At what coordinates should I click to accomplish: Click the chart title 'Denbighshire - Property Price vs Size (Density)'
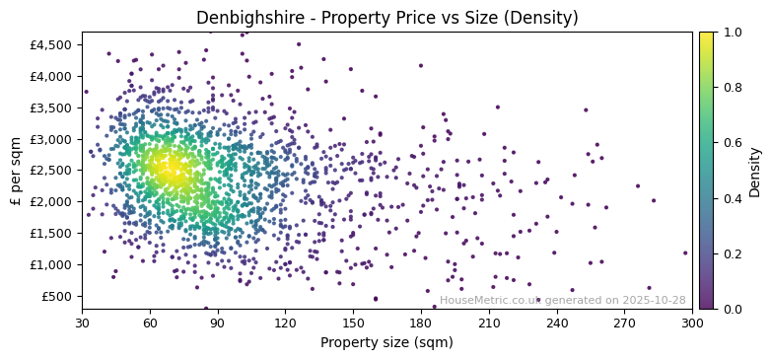tap(385, 18)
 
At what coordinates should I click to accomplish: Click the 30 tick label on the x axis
tap(82, 324)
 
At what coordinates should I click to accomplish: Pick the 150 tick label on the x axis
tap(353, 324)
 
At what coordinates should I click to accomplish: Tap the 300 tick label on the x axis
tap(692, 324)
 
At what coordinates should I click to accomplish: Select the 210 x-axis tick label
tap(489, 324)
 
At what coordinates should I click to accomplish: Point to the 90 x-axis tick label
tap(218, 324)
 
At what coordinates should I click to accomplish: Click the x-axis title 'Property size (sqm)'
tap(386, 343)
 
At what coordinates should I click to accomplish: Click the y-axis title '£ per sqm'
tap(17, 171)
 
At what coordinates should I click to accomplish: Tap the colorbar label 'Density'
tap(755, 171)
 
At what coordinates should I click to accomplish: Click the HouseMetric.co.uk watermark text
tap(562, 300)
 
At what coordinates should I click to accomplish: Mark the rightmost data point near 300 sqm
tap(685, 252)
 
